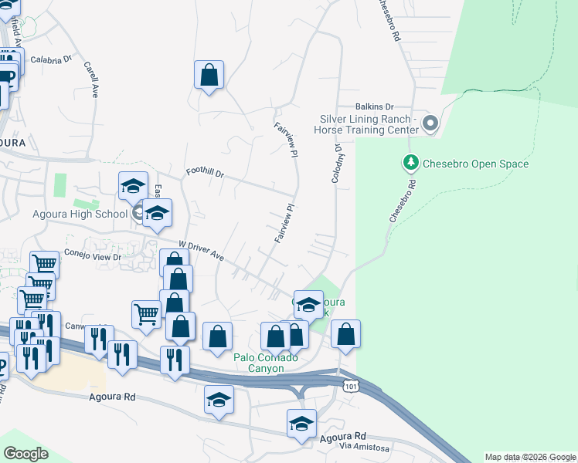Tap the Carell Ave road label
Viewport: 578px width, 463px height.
(x=91, y=79)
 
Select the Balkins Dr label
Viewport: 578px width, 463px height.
(x=375, y=106)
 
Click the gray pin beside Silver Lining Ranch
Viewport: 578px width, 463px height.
(x=430, y=123)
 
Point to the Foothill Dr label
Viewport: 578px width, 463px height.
(x=205, y=174)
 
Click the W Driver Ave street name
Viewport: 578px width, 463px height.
(x=202, y=250)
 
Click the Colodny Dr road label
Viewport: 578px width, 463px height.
(x=337, y=163)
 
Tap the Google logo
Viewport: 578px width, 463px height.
(x=25, y=454)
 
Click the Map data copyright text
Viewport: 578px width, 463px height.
(x=530, y=458)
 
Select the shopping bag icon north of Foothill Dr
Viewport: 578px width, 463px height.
(x=209, y=75)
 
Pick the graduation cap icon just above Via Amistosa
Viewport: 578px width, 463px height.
(x=301, y=423)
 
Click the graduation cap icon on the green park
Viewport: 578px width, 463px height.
(x=308, y=304)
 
